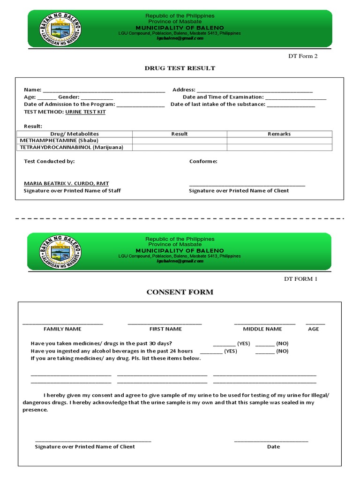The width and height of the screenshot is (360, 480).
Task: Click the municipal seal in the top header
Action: [60, 29]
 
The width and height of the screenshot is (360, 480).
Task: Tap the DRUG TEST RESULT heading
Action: [180, 68]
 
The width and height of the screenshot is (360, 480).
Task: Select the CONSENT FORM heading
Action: [180, 292]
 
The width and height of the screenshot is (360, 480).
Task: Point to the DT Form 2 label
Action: [302, 56]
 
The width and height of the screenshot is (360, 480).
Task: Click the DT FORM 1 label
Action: [300, 279]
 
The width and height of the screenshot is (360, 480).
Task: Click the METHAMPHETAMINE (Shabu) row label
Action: [59, 140]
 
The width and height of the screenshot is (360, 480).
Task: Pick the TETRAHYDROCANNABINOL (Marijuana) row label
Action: [72, 147]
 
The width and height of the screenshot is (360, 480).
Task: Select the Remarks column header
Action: [279, 134]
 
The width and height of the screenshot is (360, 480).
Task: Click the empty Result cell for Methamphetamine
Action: [180, 140]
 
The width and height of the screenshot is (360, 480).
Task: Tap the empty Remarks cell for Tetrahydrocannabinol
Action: [279, 147]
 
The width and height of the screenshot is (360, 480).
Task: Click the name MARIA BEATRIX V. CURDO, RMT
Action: [66, 183]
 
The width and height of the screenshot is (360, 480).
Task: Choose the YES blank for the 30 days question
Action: [224, 343]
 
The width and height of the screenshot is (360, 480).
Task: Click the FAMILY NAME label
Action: [62, 329]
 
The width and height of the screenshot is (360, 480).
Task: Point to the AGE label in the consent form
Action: [313, 329]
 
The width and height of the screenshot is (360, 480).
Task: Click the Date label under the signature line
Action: [273, 447]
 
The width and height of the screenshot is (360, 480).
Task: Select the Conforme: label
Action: [203, 161]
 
